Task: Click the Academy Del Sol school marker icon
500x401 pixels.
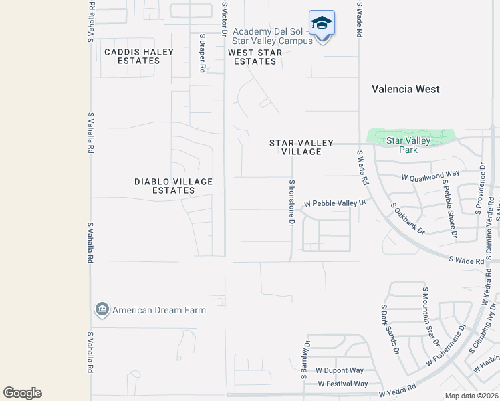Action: [322, 23]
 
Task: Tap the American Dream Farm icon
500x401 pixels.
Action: [102, 309]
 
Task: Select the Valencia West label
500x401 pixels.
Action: [406, 89]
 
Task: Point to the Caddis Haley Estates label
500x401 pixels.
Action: [139, 57]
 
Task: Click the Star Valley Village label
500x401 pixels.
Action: [295, 147]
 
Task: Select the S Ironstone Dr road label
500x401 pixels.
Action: [291, 203]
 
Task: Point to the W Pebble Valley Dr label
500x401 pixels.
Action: [336, 203]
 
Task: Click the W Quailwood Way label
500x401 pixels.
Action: [430, 178]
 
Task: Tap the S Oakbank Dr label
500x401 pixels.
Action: [407, 219]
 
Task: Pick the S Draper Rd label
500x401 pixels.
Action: [202, 53]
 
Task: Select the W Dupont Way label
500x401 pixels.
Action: [340, 370]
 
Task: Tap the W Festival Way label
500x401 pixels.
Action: [342, 384]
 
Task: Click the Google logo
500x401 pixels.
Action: [22, 393]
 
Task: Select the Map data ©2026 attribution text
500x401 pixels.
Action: [472, 396]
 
